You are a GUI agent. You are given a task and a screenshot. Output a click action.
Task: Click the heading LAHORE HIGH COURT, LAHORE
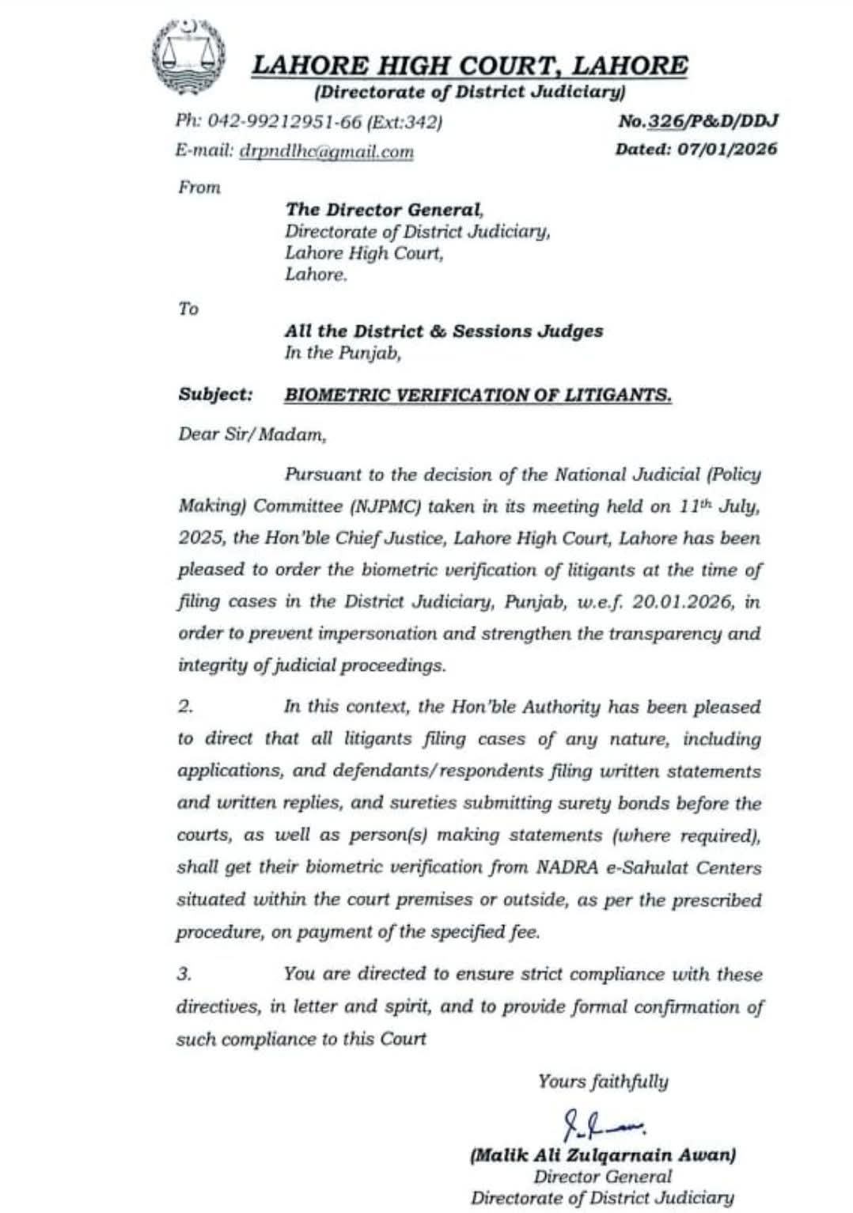click(469, 65)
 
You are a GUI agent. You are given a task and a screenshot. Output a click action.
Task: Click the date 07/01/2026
click(727, 149)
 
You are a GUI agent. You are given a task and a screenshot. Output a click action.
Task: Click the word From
click(199, 188)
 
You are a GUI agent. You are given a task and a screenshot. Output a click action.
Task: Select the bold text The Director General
click(383, 210)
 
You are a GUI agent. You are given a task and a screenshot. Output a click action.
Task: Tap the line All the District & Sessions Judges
click(444, 332)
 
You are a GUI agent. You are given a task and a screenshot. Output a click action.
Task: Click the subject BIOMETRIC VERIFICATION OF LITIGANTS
click(478, 394)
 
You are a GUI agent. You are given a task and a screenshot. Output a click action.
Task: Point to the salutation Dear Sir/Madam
click(251, 434)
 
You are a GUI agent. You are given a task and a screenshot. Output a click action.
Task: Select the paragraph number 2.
click(185, 707)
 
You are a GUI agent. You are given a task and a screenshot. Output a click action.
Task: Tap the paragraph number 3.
click(184, 974)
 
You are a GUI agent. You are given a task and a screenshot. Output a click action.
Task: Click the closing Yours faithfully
click(603, 1081)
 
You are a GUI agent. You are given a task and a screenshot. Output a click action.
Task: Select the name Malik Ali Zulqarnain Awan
click(603, 1155)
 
